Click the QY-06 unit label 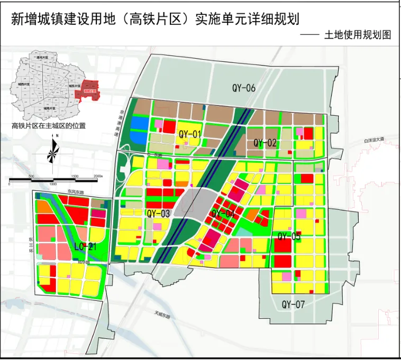(x=243, y=88)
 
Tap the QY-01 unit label (x=190, y=134)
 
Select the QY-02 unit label (x=265, y=143)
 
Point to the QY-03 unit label (x=158, y=214)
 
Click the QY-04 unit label (x=223, y=214)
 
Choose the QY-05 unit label (x=289, y=236)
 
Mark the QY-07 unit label (x=294, y=304)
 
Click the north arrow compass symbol (x=53, y=151)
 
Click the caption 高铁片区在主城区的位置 (x=49, y=126)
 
